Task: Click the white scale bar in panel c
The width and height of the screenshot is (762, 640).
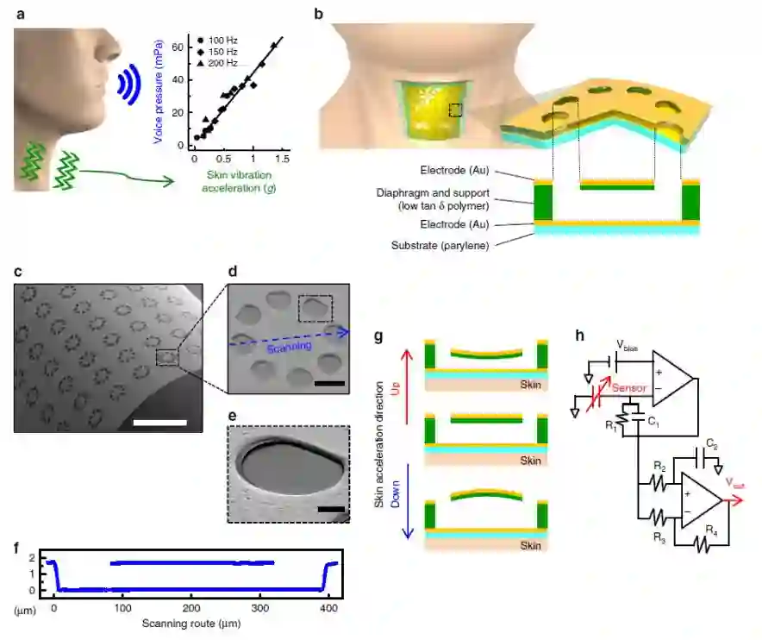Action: [x=159, y=423]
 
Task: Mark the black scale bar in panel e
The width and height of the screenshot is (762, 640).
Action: [x=330, y=509]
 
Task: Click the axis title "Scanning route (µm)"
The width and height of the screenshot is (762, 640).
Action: [x=191, y=623]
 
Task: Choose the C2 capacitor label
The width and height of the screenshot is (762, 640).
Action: [x=713, y=445]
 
